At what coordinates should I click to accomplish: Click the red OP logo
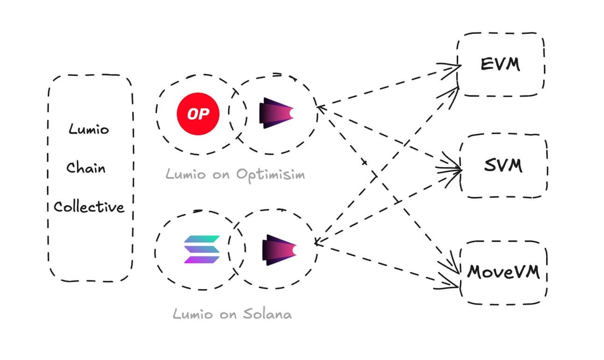tap(198, 114)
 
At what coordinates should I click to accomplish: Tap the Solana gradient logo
tap(201, 249)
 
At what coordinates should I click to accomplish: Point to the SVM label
tap(503, 165)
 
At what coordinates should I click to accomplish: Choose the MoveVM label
tap(503, 271)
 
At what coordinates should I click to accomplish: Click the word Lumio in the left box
tap(88, 129)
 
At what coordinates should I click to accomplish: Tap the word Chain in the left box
tap(86, 167)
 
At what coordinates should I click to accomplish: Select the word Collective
tap(89, 206)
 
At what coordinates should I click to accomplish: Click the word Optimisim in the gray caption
tap(270, 174)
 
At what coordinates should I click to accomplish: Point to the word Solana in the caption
tap(267, 313)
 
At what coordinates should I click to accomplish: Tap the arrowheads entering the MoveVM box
tap(452, 276)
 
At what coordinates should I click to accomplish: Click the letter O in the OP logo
tap(192, 114)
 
